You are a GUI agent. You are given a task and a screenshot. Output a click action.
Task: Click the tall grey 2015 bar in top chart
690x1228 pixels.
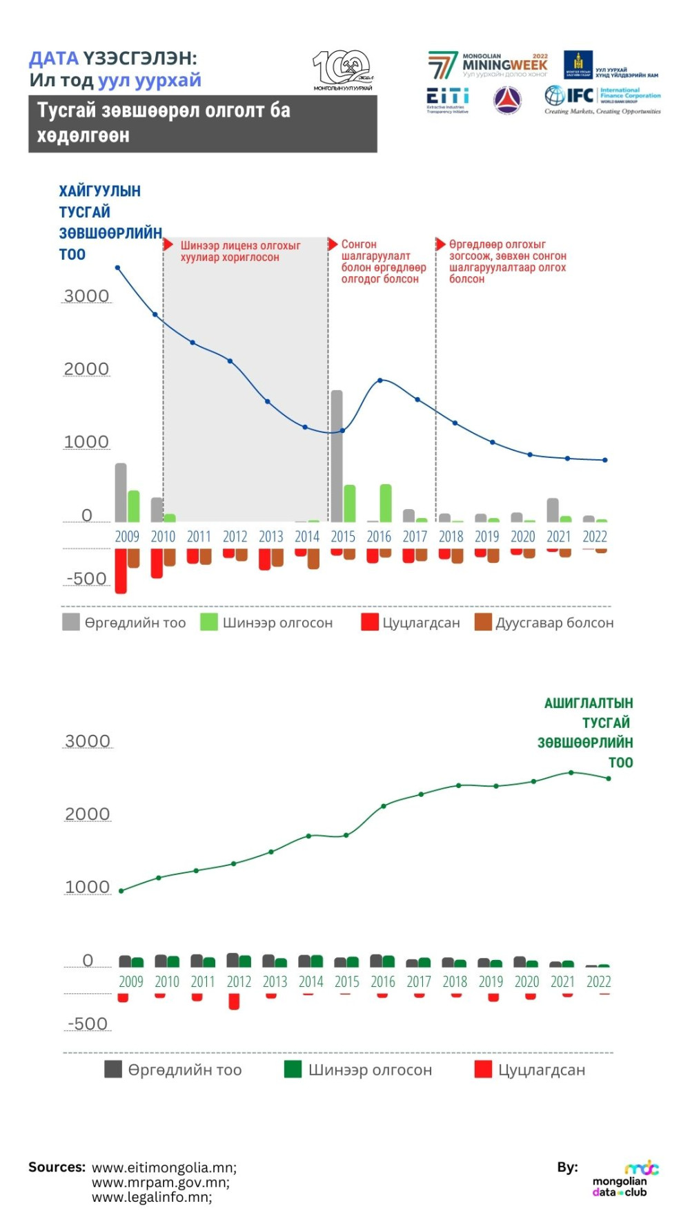coord(337,456)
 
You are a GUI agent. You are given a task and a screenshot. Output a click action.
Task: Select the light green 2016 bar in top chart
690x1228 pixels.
coord(386,503)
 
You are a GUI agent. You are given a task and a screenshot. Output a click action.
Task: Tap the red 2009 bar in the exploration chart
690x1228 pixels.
coord(121,570)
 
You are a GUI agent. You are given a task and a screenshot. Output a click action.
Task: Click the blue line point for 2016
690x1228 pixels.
coord(380,380)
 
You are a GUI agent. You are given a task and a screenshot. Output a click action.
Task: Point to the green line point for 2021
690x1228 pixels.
coord(571,772)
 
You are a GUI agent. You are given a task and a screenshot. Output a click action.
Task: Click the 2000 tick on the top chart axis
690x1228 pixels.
coord(86,369)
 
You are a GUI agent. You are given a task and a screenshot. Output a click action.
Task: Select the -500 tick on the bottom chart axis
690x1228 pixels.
coord(87,1024)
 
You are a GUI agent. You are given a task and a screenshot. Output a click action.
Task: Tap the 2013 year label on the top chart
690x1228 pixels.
coord(271,537)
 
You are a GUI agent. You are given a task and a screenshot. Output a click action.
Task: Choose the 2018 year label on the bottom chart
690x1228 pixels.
coord(455,981)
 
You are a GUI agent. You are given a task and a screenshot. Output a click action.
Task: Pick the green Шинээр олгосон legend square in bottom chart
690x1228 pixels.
coord(293,1069)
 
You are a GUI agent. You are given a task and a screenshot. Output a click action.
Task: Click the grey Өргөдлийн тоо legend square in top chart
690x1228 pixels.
coord(71,622)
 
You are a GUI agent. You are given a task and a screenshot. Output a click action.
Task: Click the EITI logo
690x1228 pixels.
coord(447,99)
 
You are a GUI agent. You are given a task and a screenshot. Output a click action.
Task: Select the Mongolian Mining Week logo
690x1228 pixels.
coord(488,64)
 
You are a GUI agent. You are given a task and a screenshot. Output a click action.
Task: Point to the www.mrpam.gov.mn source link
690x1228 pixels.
coord(161,1182)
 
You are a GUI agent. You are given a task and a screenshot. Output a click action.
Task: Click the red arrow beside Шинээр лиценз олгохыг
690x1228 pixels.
coord(168,245)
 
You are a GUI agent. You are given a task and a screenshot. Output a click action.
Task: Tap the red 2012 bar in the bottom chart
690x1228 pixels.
coord(234,1001)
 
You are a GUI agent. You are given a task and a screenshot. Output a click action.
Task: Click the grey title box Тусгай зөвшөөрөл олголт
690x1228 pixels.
coord(202,124)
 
